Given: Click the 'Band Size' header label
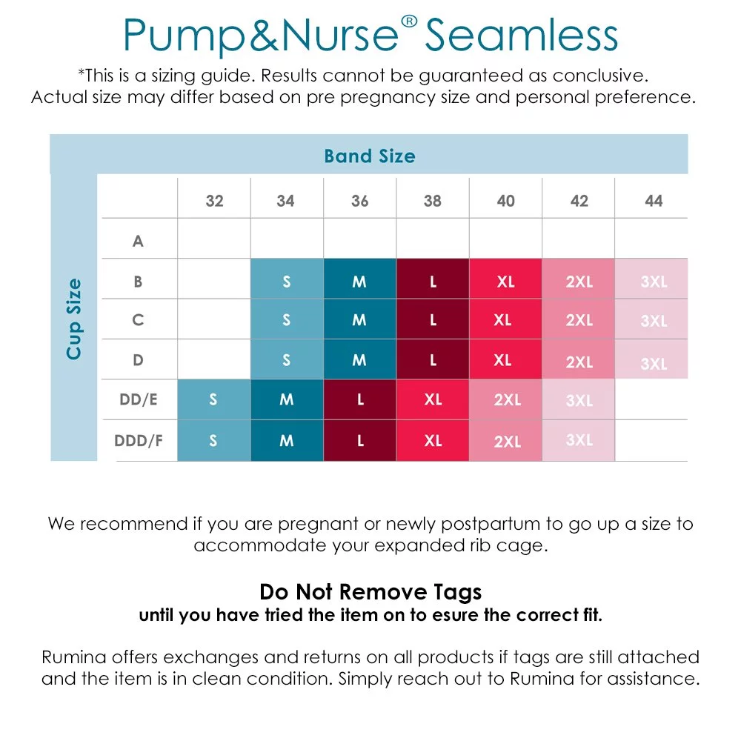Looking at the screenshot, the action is click(x=370, y=156).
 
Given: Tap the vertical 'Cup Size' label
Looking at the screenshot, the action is click(x=73, y=319).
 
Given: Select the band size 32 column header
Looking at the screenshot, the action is click(x=214, y=201).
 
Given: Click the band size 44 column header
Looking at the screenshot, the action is click(x=654, y=201).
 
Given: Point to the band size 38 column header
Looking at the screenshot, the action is click(x=433, y=201).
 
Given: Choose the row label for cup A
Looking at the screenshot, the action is click(x=138, y=241).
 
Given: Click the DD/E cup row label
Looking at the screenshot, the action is click(x=139, y=400).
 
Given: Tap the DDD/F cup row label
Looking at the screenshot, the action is click(x=139, y=440).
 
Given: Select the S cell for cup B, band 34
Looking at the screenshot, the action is click(x=287, y=279).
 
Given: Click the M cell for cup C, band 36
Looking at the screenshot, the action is click(x=359, y=319).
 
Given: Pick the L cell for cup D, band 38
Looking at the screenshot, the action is click(x=433, y=359).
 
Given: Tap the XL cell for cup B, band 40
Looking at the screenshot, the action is click(x=505, y=279).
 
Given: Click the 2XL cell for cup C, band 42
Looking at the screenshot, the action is click(x=579, y=319).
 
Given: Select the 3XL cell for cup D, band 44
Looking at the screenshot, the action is click(x=651, y=359).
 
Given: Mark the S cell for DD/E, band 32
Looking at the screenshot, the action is click(x=214, y=399).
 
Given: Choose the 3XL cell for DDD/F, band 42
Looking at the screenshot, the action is click(x=579, y=440).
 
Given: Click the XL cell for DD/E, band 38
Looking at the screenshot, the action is click(x=433, y=399).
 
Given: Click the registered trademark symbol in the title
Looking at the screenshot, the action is click(x=409, y=21).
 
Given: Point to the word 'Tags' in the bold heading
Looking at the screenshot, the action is click(x=457, y=592).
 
